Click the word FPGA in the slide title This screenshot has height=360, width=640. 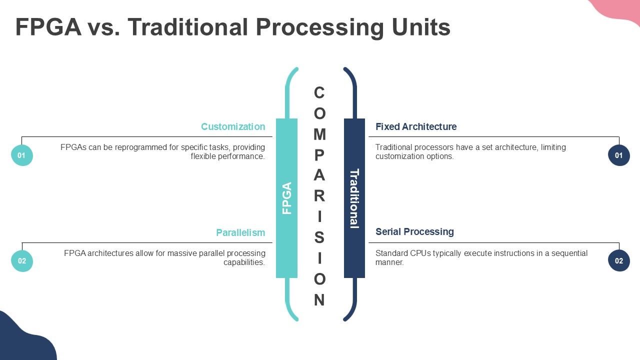pyautogui.click(x=48, y=27)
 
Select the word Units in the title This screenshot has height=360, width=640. pyautogui.click(x=421, y=27)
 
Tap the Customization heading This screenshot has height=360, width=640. pyautogui.click(x=233, y=126)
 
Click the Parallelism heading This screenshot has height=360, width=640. pyautogui.click(x=240, y=232)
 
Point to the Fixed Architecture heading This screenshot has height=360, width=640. pyautogui.click(x=416, y=126)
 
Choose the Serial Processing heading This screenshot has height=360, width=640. pyautogui.click(x=414, y=231)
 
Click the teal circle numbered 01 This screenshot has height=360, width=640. pyautogui.click(x=22, y=155)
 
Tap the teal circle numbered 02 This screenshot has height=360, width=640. pyautogui.click(x=22, y=261)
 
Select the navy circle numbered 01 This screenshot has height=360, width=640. pyautogui.click(x=619, y=155)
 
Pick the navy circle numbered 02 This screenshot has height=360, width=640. pyautogui.click(x=619, y=261)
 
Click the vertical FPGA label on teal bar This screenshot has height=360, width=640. pyautogui.click(x=287, y=198)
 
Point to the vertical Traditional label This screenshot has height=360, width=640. pyautogui.click(x=354, y=198)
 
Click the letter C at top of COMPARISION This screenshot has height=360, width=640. pyautogui.click(x=319, y=92)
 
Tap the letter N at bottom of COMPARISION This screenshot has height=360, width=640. pyautogui.click(x=319, y=299)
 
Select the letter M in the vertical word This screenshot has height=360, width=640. pyautogui.click(x=319, y=134)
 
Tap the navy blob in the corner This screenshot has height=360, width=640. pyautogui.click(x=24, y=338)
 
